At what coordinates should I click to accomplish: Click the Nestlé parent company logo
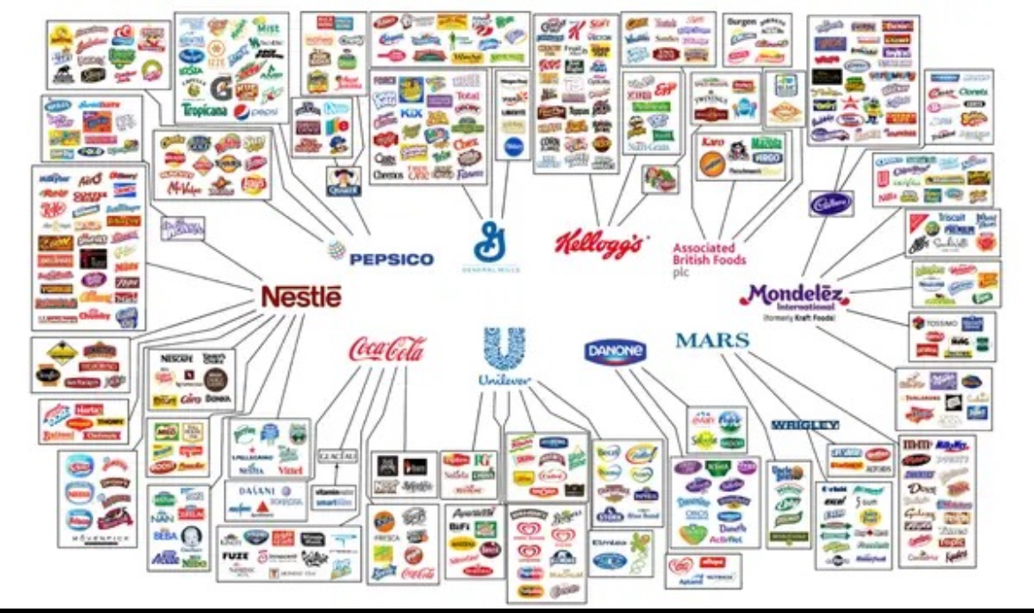300,298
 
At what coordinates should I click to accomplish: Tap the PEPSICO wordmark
392,259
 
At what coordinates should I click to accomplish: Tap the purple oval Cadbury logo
831,203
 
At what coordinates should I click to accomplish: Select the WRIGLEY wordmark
804,425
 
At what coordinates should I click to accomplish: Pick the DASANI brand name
254,492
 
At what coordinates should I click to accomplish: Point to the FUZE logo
234,556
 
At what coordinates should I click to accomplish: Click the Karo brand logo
711,142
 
